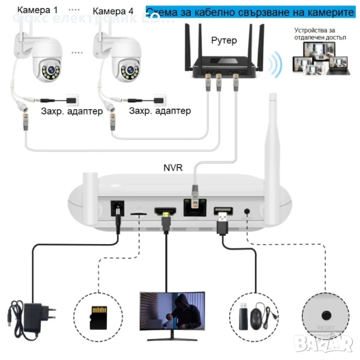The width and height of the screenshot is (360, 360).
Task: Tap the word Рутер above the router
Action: [224, 41]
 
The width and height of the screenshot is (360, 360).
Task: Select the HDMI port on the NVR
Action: [164, 211]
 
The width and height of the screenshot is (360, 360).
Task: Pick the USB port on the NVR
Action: [223, 211]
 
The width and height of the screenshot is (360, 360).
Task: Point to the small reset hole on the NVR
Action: [247, 211]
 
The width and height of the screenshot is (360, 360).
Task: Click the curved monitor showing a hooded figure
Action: [172, 311]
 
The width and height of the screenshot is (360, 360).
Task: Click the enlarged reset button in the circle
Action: [328, 314]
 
